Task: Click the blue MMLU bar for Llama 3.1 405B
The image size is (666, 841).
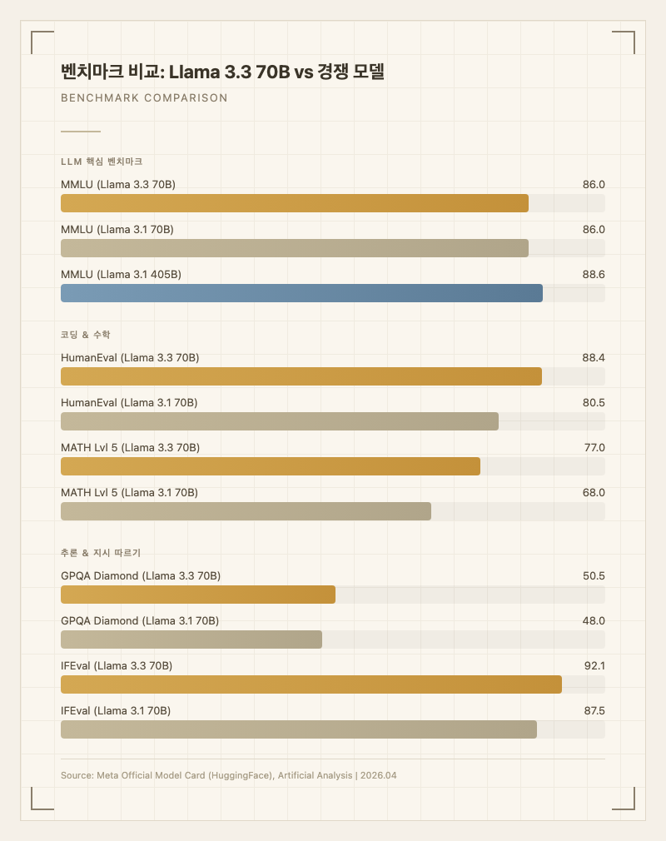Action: click(301, 293)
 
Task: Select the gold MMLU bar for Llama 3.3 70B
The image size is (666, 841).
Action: click(295, 203)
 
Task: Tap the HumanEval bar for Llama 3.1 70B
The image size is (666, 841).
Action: click(280, 421)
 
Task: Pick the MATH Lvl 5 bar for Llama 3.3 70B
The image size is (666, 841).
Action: click(271, 466)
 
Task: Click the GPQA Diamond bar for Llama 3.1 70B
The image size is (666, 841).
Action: click(191, 639)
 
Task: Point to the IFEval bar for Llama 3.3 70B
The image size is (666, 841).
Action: click(311, 684)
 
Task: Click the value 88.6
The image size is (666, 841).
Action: click(594, 274)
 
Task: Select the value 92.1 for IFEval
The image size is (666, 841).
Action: click(594, 665)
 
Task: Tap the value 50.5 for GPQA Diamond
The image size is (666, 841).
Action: click(594, 575)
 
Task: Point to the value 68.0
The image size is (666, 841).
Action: click(594, 492)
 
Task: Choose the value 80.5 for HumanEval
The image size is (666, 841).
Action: click(594, 402)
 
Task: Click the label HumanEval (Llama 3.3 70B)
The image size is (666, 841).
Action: click(130, 357)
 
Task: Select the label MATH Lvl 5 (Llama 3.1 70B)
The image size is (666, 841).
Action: click(129, 492)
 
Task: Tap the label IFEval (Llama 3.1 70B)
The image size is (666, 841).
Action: click(116, 710)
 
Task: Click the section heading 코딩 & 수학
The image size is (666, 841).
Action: click(86, 335)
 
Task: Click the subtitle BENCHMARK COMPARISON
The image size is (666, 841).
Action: click(144, 98)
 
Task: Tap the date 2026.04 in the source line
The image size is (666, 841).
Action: click(379, 775)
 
